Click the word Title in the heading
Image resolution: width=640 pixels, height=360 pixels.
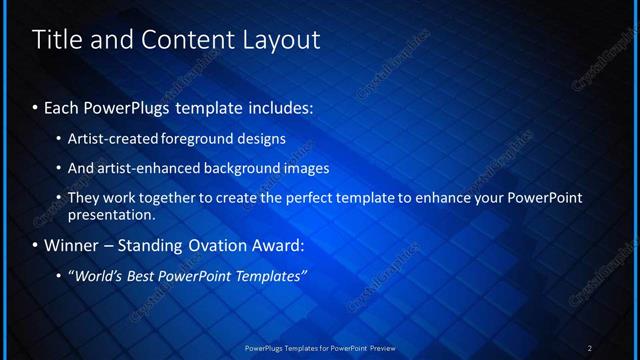pos(56,40)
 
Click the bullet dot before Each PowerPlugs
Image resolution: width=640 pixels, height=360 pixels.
pos(36,106)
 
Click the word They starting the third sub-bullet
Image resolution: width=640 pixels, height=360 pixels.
pos(83,198)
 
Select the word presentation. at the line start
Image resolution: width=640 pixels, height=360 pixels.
pos(112,214)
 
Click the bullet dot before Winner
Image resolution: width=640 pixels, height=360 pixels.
pos(36,245)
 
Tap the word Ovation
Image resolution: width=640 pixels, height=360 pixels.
pos(208,245)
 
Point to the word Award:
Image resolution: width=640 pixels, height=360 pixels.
pos(275,245)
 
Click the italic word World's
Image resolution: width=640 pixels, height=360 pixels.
pos(98,276)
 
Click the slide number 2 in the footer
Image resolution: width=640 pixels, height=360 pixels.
pos(590,347)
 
